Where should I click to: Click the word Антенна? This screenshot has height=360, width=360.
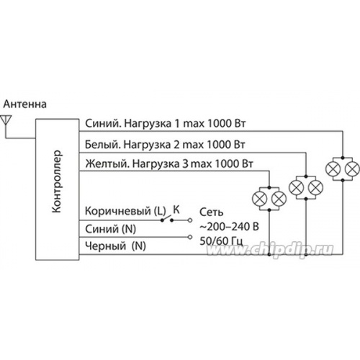coord(25,104)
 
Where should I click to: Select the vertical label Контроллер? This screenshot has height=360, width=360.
coord(57,181)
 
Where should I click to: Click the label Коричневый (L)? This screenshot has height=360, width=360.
coord(125,211)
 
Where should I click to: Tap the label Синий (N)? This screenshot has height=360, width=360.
coord(111,229)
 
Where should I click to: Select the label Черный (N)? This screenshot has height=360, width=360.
coord(115,246)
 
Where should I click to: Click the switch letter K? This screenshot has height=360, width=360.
coord(176,210)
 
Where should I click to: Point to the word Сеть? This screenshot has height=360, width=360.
coord(211,212)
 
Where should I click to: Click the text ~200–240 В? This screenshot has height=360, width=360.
coord(229,227)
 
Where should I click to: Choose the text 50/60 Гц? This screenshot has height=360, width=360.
coord(221,241)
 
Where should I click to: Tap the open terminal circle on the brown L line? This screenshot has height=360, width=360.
coord(190,220)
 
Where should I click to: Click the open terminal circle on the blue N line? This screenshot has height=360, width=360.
coord(190,237)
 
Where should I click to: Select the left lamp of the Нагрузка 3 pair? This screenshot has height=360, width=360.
coord(259,199)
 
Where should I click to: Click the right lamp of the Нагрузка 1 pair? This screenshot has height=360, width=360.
coord(352,168)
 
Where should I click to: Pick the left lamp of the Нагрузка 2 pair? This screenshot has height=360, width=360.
coord(297,187)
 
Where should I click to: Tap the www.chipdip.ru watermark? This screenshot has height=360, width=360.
coord(270,250)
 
